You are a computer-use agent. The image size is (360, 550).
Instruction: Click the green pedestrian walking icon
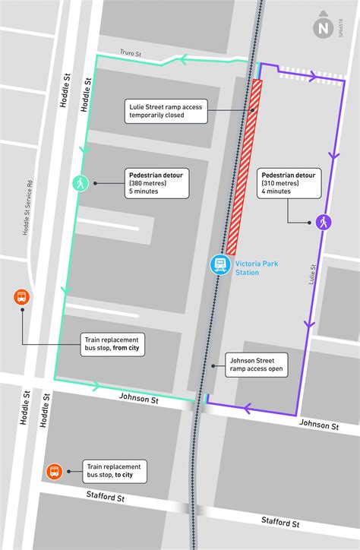click(81, 183)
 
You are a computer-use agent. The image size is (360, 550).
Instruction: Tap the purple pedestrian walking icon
click(324, 223)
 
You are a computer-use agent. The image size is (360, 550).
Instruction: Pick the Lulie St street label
click(311, 273)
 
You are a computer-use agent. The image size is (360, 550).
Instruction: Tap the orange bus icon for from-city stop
click(21, 298)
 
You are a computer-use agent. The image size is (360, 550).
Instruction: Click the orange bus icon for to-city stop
click(55, 472)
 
